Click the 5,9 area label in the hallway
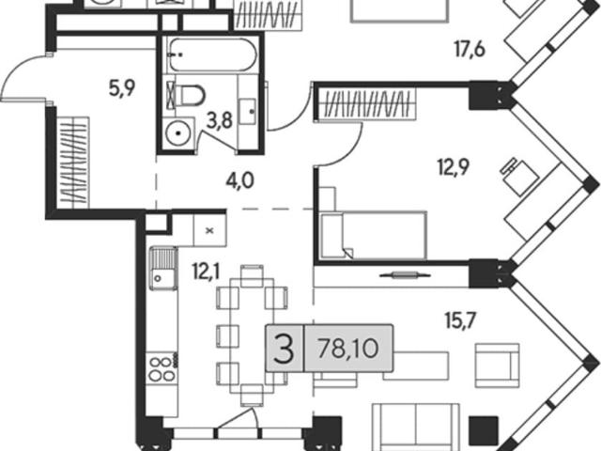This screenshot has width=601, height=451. point(122,89)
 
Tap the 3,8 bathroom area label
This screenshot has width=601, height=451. point(220,121)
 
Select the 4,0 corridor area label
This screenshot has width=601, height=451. point(240,180)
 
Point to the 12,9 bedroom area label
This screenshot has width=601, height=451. point(454,167)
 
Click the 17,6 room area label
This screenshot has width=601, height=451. point(470,50)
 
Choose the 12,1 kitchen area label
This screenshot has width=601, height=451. point(207,272)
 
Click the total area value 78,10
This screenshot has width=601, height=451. point(348,349)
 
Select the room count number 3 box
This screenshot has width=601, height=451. point(285,349)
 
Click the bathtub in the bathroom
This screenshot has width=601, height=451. point(213,54)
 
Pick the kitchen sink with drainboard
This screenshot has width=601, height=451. point(163,269)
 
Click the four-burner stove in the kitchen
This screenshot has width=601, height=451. point(161,368)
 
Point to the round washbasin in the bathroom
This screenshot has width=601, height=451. point(178,132)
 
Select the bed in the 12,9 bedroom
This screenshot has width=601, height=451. point(374,235)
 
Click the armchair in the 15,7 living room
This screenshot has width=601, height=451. point(498,365)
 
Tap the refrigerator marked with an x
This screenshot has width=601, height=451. point(209,230)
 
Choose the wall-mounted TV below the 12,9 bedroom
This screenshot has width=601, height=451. point(405,275)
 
